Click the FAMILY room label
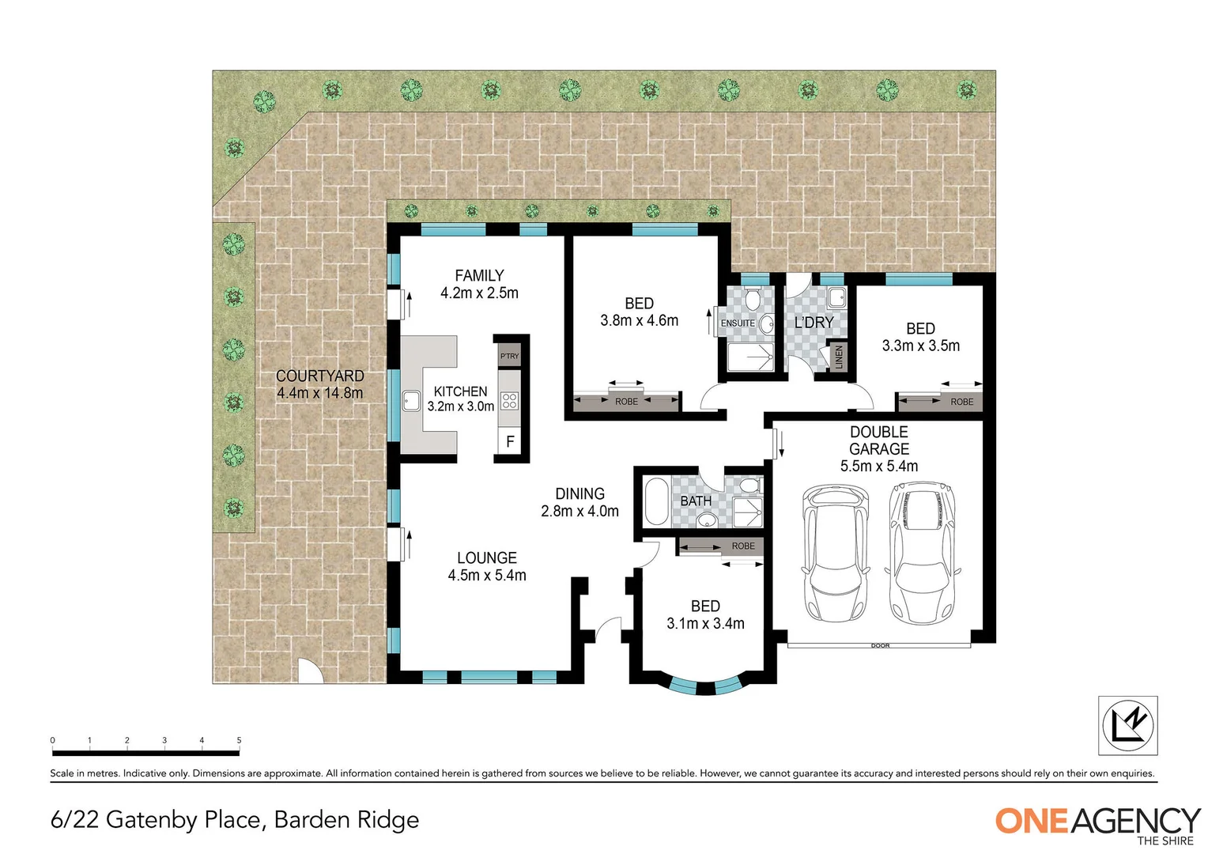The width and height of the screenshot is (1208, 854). click(479, 276)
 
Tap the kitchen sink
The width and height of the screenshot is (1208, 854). click(411, 401)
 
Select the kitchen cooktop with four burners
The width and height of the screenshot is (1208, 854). click(509, 400)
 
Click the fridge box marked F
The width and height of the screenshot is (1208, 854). click(510, 441)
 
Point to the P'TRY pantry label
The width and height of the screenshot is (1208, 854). click(509, 356)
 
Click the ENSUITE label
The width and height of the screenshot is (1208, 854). click(737, 323)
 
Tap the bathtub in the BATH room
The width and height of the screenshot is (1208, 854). click(655, 501)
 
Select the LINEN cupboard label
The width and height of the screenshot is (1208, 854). click(839, 357)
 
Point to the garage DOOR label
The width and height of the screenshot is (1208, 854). click(880, 646)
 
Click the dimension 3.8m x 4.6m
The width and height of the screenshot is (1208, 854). click(639, 321)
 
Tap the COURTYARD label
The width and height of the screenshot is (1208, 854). click(319, 376)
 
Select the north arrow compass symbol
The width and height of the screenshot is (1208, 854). click(1127, 725)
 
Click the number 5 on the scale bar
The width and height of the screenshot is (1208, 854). click(239, 741)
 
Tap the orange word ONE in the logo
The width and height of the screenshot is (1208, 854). click(1032, 821)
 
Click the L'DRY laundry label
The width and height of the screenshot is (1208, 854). click(814, 323)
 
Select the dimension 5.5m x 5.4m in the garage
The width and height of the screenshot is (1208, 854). click(878, 467)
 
